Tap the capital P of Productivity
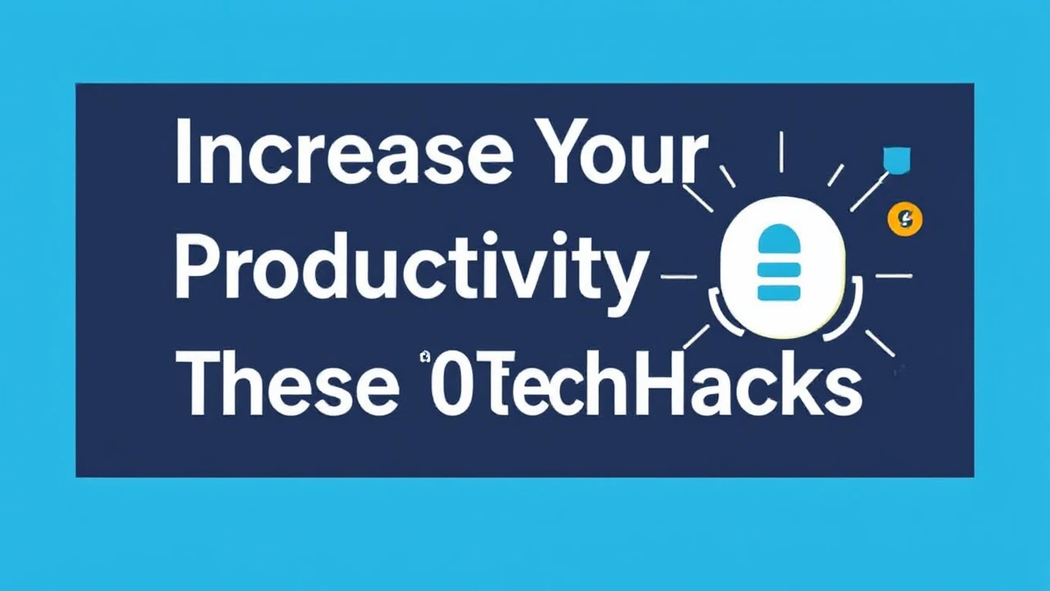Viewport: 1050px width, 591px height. [x=196, y=264]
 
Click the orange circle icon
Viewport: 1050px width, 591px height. [x=906, y=218]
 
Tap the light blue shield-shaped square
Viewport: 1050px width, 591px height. [x=896, y=158]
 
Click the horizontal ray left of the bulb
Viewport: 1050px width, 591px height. [x=678, y=277]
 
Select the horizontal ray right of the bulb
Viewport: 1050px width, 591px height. [x=893, y=276]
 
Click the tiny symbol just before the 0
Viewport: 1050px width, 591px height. [x=425, y=355]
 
